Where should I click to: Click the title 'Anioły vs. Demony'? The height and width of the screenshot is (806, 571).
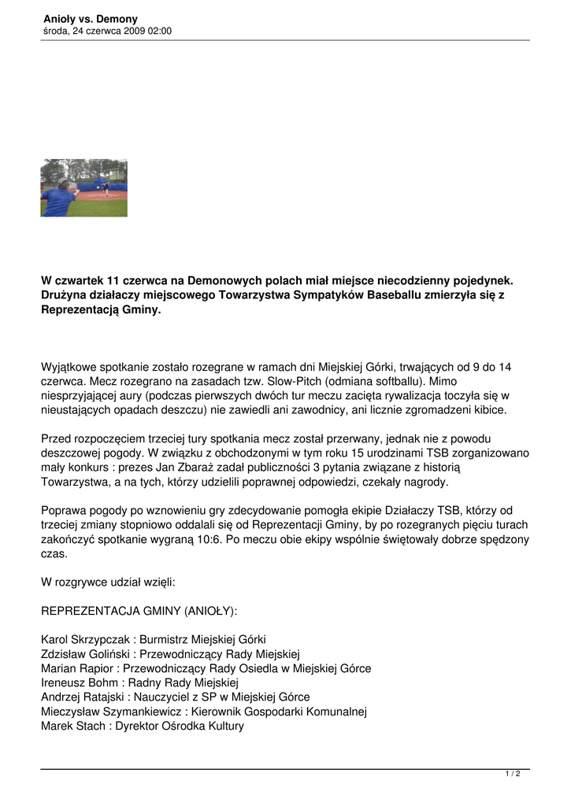[90, 19]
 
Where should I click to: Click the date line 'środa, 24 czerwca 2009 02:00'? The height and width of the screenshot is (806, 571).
[107, 31]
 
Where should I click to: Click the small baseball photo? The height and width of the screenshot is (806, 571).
[83, 188]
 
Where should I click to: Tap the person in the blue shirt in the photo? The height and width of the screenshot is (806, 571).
[58, 200]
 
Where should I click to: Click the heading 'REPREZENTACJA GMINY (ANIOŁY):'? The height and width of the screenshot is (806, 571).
[139, 610]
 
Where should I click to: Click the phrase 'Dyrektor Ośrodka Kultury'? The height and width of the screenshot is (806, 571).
[180, 726]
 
